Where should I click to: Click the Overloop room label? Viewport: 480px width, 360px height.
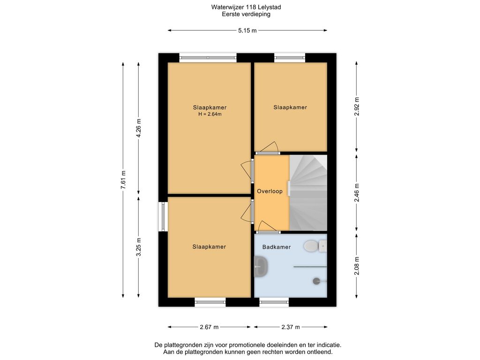click(270, 191)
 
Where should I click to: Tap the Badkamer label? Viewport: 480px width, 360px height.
click(277, 247)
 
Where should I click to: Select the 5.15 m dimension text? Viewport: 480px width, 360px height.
click(247, 30)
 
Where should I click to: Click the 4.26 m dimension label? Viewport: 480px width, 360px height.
click(139, 128)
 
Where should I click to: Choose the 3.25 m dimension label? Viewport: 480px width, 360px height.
click(139, 247)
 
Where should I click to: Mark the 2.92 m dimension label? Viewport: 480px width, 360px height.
click(357, 106)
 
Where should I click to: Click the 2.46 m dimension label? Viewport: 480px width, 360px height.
click(357, 193)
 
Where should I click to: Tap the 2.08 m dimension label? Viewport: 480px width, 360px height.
click(357, 265)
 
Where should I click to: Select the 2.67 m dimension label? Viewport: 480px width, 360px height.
click(209, 327)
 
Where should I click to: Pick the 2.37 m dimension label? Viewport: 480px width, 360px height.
click(291, 327)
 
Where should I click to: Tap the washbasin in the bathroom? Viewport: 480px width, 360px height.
click(261, 266)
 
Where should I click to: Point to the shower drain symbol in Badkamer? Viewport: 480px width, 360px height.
click(317, 281)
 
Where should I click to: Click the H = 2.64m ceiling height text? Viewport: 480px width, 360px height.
click(210, 114)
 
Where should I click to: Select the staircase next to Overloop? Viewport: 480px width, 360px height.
click(308, 193)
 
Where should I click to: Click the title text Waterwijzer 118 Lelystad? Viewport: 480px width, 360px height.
click(246, 7)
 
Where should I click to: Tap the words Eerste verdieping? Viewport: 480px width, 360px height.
click(246, 14)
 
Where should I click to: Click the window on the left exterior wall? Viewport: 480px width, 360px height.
click(163, 217)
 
